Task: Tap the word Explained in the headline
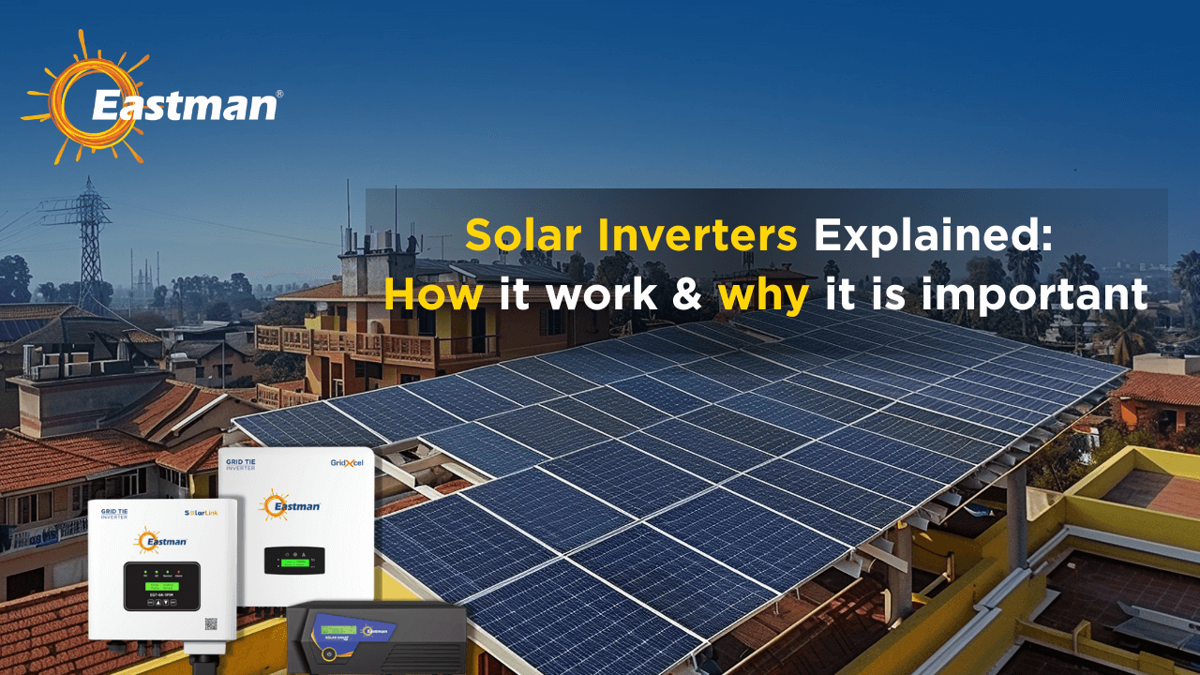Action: point(933,234)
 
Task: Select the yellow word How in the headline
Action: point(433,294)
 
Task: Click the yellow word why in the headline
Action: point(764,296)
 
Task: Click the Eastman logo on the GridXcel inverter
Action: point(292,506)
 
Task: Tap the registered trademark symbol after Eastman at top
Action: point(277,95)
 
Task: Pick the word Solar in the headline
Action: point(517,234)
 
